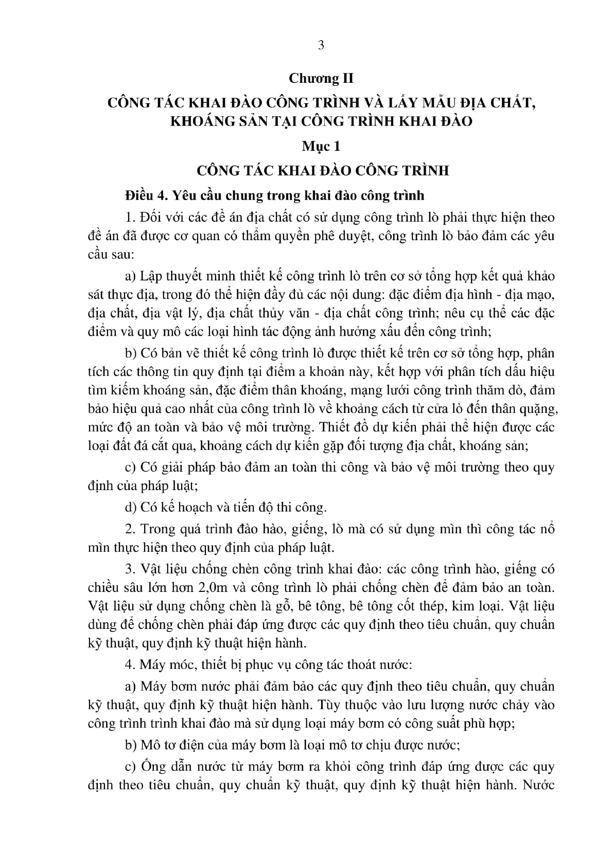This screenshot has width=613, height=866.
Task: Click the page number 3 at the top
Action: (321, 45)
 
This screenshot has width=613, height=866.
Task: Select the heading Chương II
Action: (321, 78)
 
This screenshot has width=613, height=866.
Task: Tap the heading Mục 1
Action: (321, 146)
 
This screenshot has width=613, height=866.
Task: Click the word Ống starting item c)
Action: (153, 767)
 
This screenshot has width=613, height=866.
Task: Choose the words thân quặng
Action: (531, 408)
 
